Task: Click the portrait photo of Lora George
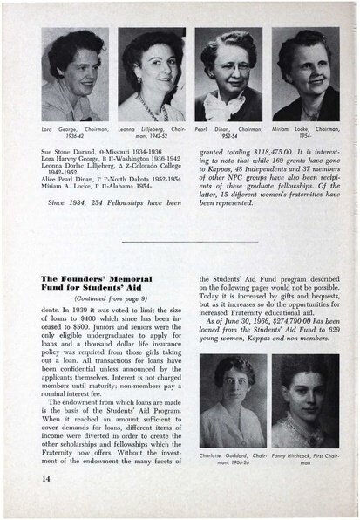click(x=74, y=75)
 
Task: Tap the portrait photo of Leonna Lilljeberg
click(x=151, y=75)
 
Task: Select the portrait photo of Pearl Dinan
click(x=228, y=75)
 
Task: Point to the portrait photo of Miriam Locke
click(x=305, y=75)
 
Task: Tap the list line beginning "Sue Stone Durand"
click(x=100, y=151)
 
